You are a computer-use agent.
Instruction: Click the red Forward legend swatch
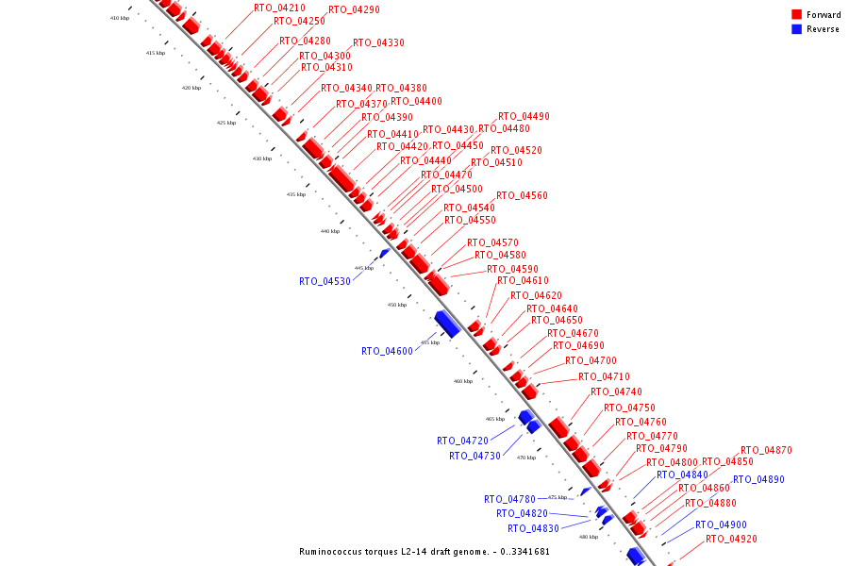pos(797,14)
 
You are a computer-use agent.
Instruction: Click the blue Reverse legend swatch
pos(797,29)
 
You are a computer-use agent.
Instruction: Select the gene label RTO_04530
pos(325,281)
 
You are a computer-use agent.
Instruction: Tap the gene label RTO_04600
pos(387,351)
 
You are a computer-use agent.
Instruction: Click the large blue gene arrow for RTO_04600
pos(447,323)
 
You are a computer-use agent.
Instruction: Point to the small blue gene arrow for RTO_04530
pos(384,253)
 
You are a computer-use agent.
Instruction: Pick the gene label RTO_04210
pos(279,8)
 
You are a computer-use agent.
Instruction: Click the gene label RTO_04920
pos(731,539)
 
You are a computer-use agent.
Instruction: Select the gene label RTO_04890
pos(758,479)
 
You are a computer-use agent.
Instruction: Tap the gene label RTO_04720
pos(462,441)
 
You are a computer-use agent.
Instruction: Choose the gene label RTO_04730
pos(474,456)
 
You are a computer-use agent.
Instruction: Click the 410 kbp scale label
pos(119,19)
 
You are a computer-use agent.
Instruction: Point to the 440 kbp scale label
pos(330,231)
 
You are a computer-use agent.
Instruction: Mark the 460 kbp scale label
pos(462,381)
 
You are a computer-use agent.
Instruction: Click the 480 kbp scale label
pos(588,537)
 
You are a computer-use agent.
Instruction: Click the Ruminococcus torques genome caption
pos(424,552)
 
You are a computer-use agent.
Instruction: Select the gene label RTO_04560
pos(522,195)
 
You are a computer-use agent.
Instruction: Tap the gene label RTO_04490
pos(524,116)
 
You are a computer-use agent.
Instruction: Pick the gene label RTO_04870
pos(766,450)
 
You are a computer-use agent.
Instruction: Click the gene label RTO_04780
pos(509,499)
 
